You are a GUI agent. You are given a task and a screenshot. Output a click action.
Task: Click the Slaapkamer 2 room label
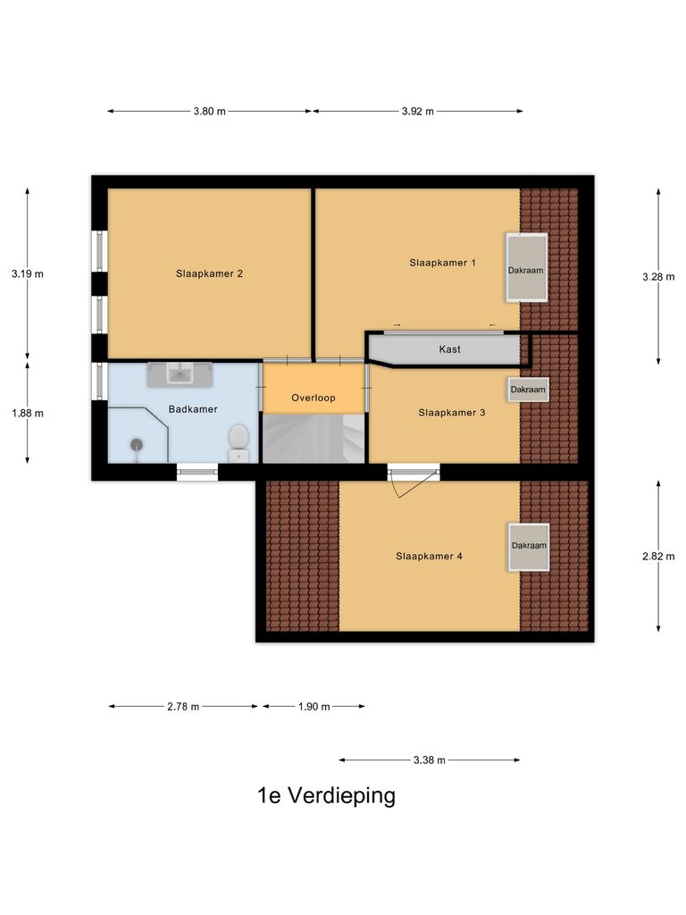point(209,274)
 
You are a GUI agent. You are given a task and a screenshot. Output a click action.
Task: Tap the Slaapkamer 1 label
point(442,263)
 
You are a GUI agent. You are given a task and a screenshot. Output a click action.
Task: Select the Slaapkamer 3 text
point(451,413)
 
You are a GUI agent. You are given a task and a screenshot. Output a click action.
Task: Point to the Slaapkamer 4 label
point(429,556)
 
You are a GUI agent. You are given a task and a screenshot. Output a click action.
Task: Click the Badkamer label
point(193,409)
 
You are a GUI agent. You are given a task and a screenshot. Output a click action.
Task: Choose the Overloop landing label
point(314,398)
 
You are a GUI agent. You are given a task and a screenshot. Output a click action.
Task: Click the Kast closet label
point(450,349)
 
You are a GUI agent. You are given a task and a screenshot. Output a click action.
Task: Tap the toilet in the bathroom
point(238,441)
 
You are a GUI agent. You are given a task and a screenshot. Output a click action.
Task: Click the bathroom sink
point(180,374)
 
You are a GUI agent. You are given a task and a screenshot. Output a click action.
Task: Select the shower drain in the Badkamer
point(137,443)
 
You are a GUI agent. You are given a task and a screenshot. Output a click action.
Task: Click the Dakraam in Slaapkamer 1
point(526,268)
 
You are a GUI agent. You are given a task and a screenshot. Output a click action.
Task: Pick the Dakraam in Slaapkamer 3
point(528,390)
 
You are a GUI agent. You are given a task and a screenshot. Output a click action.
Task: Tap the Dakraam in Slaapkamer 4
point(529,545)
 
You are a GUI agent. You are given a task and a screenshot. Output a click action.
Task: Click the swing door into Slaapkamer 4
point(410,483)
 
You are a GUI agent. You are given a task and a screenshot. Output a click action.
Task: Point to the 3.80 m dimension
point(209,112)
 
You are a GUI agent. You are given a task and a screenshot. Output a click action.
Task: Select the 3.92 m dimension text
point(417,112)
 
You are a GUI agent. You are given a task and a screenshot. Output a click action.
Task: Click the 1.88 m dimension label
point(28,413)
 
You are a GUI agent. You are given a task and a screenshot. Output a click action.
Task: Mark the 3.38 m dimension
point(429,760)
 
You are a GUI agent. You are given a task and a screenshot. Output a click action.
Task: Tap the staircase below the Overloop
point(314,439)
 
